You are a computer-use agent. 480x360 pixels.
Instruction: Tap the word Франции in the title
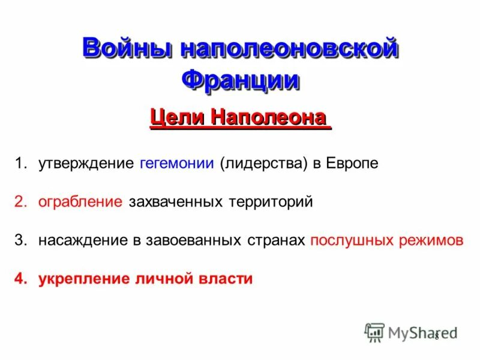240,80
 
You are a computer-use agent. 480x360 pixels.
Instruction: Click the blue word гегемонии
177,163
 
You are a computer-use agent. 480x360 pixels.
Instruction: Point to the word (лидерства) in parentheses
263,163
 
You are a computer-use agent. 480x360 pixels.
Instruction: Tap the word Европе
352,163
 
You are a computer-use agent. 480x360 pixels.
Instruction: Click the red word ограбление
80,202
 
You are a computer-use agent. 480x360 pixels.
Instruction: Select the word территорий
271,202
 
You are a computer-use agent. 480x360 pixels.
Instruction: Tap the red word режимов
431,241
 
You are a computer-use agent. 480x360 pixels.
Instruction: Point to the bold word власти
227,279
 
